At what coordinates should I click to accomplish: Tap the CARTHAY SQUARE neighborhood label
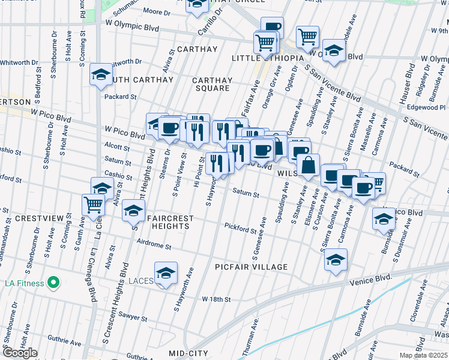211,84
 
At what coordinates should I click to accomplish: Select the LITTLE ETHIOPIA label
264,58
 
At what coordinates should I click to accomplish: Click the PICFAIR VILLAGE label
253,266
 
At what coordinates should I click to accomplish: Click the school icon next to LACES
166,273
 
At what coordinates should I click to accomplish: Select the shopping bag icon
308,166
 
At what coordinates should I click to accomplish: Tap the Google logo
20,353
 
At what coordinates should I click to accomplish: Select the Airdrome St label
154,246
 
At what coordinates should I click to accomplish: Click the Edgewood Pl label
425,107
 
